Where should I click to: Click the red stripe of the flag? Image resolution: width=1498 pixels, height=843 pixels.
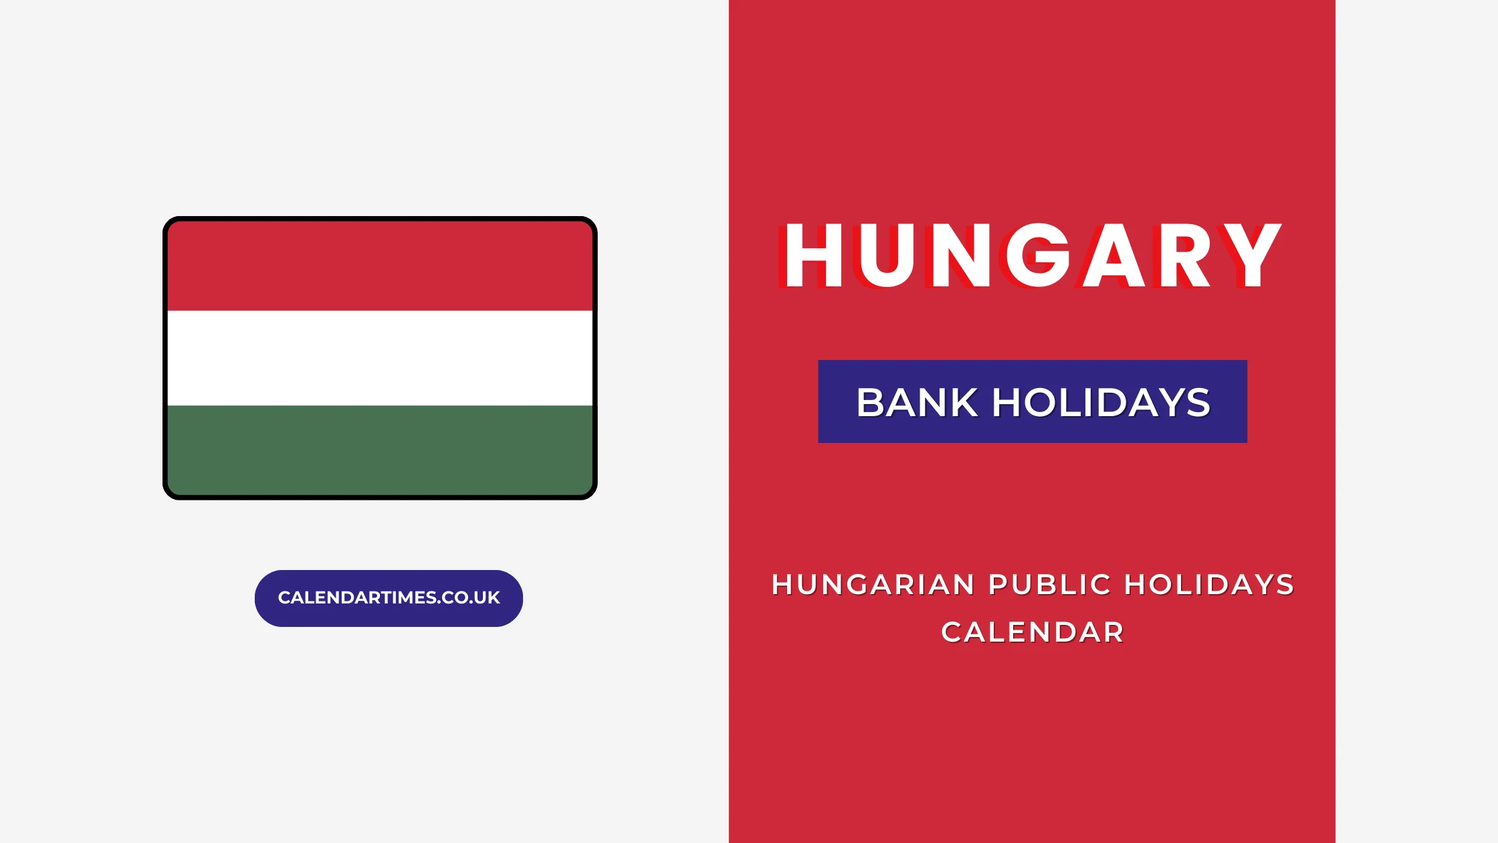[x=380, y=266]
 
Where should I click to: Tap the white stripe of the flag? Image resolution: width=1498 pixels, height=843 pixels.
[x=380, y=358]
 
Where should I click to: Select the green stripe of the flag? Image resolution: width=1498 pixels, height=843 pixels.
[x=380, y=450]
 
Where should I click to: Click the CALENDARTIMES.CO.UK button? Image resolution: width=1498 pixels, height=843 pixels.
[x=389, y=598]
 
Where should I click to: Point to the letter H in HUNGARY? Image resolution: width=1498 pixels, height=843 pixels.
[x=813, y=256]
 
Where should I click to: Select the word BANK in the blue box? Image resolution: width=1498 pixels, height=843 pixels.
[x=917, y=403]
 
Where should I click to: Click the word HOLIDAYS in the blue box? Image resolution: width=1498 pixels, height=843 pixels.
[x=1101, y=403]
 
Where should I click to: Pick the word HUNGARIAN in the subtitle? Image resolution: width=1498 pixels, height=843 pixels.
[x=873, y=585]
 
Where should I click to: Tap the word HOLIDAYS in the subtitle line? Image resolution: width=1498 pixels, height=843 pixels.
[x=1209, y=585]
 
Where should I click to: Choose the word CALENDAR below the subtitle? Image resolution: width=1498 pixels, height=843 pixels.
[x=1033, y=632]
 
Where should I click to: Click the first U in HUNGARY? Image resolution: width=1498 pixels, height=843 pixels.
[x=887, y=256]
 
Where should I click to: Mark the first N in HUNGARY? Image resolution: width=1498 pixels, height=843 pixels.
[x=961, y=256]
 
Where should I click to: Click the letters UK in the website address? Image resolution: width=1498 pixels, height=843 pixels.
[x=489, y=598]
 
